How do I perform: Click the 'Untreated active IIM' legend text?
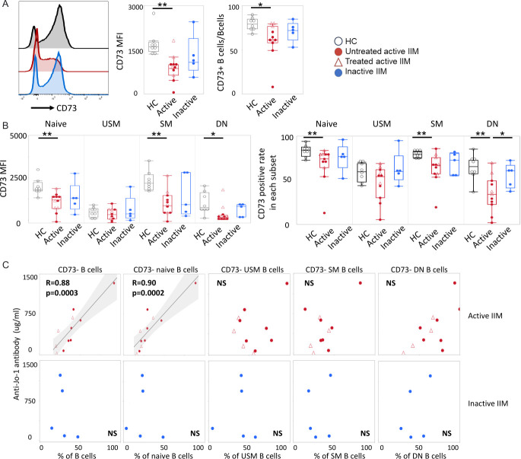tap(382, 51)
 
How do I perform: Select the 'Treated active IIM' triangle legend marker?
tap(338, 62)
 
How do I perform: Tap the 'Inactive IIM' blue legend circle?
tap(338, 72)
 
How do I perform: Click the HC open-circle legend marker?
tap(338, 41)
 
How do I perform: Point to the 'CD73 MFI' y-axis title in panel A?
tap(120, 51)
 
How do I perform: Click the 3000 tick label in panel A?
tap(135, 8)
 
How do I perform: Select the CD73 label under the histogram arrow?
tap(66, 108)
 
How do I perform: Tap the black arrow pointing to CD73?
tap(43, 108)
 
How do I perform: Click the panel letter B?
tap(5, 126)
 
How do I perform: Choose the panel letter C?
tap(5, 265)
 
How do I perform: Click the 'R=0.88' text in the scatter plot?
tap(58, 283)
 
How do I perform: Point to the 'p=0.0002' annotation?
tap(148, 293)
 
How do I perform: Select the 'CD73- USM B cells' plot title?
tap(253, 269)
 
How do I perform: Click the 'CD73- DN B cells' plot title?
tap(419, 269)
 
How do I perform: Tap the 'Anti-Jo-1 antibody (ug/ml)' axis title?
tap(17, 354)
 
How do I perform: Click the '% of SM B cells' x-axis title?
tap(339, 455)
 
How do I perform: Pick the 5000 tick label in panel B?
tap(18, 136)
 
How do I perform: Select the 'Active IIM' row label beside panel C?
tap(485, 316)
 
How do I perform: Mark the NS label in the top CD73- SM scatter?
tap(309, 283)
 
